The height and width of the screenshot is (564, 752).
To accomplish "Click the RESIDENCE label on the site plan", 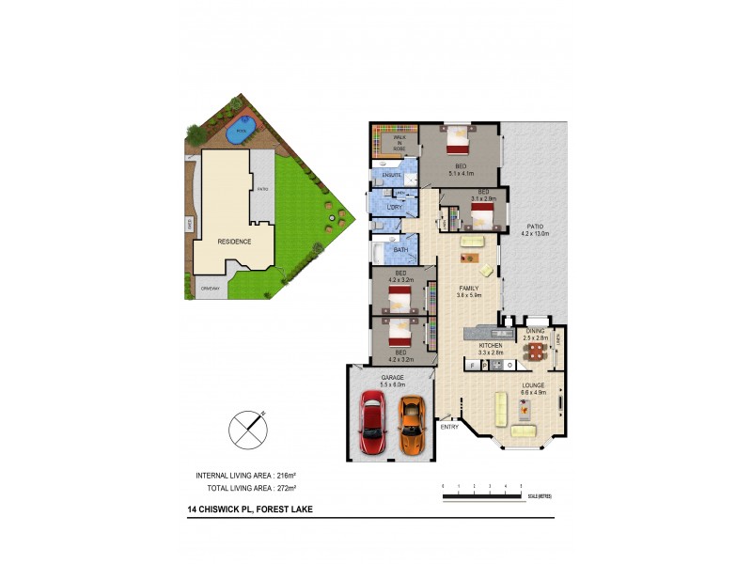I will pos(234,242).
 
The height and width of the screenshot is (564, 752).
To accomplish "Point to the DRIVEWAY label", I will pos(210,289).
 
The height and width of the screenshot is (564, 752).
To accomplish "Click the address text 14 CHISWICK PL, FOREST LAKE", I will pos(250,509).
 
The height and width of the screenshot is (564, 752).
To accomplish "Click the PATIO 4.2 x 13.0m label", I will pos(536,229).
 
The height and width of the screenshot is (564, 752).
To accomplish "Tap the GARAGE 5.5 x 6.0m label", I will pos(392,381).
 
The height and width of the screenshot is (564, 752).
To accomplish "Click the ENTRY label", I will pos(450,428).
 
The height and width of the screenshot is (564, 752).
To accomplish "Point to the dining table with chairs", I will pos(535,352).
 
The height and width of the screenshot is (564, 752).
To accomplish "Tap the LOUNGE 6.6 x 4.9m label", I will pos(535,387).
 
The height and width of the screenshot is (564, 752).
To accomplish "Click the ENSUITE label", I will pos(392,175).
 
